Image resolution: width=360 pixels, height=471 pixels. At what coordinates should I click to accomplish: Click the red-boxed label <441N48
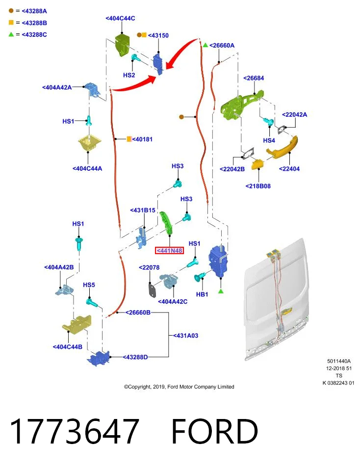pyautogui.click(x=169, y=251)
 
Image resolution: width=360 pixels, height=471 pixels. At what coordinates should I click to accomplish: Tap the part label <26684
pyautogui.click(x=254, y=78)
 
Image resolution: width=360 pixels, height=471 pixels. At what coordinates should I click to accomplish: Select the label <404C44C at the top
pyautogui.click(x=120, y=18)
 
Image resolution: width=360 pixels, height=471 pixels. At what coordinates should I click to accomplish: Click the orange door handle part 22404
pyautogui.click(x=282, y=147)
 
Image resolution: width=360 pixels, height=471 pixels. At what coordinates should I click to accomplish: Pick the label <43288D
pyautogui.click(x=135, y=357)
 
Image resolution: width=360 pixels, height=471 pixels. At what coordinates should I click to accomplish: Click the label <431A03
pyautogui.click(x=185, y=336)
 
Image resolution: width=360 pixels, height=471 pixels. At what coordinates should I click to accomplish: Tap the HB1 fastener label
pyautogui.click(x=202, y=294)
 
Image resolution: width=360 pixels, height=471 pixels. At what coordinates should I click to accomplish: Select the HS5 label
pyautogui.click(x=89, y=285)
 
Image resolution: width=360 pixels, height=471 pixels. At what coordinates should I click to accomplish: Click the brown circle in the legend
pyautogui.click(x=11, y=11)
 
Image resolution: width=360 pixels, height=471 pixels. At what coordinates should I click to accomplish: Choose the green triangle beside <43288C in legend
pyautogui.click(x=11, y=34)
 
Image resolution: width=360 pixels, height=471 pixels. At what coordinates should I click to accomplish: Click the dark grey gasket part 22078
pyautogui.click(x=153, y=290)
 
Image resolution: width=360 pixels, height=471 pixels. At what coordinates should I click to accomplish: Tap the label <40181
pyautogui.click(x=142, y=139)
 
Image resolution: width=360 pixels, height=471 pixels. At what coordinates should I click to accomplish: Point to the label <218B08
pyautogui.click(x=258, y=186)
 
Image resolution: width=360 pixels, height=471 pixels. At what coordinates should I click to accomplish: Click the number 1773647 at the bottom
pyautogui.click(x=74, y=431)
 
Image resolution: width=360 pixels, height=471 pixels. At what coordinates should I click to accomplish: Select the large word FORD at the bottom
pyautogui.click(x=215, y=431)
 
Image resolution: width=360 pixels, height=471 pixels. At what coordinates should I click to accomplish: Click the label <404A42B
pyautogui.click(x=59, y=267)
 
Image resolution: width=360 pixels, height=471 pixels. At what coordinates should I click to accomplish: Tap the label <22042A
pyautogui.click(x=295, y=115)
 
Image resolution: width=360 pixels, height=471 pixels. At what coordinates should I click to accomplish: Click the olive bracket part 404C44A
pyautogui.click(x=89, y=144)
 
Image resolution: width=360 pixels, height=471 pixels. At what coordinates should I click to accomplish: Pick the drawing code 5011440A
pyautogui.click(x=339, y=362)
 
